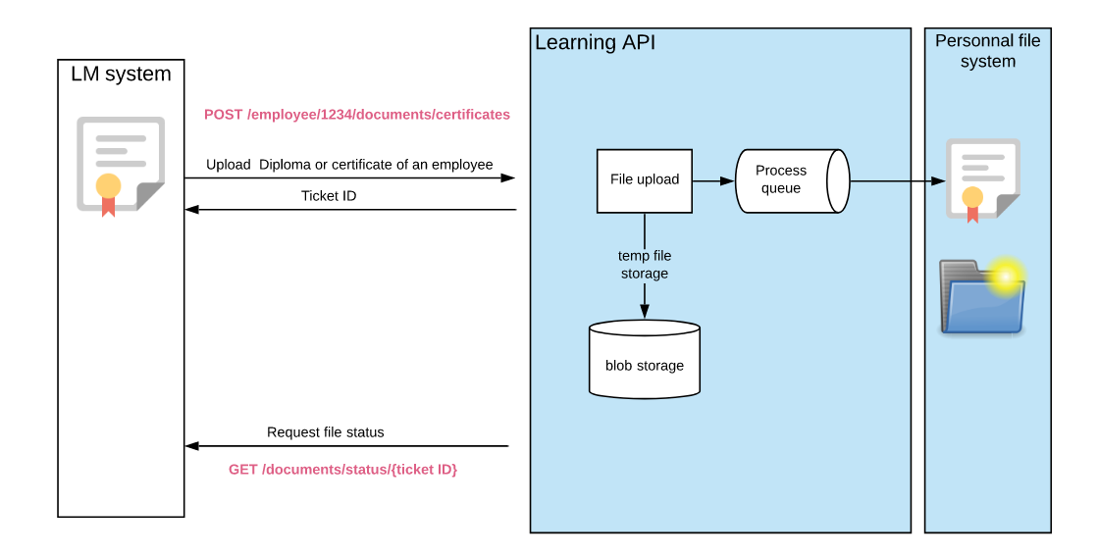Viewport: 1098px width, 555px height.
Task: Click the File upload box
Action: (644, 180)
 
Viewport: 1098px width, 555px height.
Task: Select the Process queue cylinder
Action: (790, 180)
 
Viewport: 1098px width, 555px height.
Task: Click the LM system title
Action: (121, 74)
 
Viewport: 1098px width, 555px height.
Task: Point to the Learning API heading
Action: (595, 43)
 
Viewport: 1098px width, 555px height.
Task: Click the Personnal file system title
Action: (987, 51)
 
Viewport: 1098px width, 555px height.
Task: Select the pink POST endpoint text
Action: (356, 115)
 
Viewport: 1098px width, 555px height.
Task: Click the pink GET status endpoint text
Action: (342, 470)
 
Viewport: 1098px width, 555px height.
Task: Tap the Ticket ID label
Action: (329, 196)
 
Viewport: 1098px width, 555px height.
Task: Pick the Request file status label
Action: (325, 432)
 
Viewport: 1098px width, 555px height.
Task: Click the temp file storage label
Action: (644, 265)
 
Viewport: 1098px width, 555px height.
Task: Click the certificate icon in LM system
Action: (120, 164)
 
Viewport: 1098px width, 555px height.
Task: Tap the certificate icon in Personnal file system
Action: (982, 178)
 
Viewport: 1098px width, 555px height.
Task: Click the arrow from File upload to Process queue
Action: (713, 180)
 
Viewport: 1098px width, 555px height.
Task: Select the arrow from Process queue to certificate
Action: (897, 180)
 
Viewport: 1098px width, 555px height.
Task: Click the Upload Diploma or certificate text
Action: (349, 165)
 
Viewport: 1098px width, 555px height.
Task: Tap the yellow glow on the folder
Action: (1005, 277)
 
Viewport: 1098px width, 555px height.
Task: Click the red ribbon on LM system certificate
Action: (108, 206)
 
